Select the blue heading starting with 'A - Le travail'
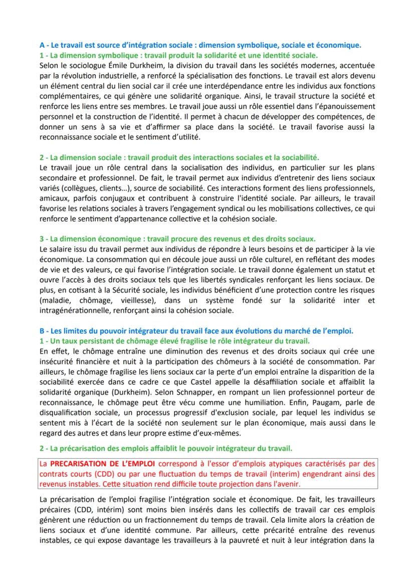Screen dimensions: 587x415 [x=200, y=45]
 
